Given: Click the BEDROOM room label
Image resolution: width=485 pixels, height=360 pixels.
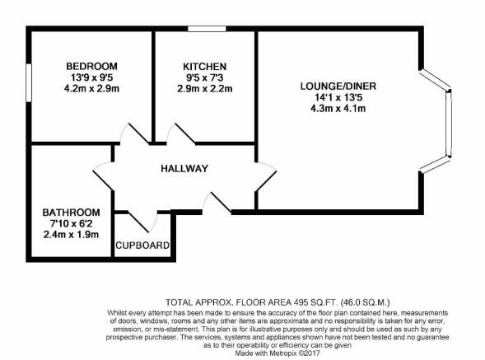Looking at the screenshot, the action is (x=92, y=66).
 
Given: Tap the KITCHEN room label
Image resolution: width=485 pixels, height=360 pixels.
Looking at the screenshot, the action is (x=205, y=67).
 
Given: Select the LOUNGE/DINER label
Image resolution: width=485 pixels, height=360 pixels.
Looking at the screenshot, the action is (x=338, y=86).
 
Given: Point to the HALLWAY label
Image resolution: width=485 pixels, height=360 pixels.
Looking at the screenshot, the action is (x=184, y=169).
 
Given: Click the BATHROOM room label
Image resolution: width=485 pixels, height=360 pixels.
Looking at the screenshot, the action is (x=71, y=213).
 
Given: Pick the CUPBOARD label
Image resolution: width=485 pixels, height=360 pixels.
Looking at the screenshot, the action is (x=142, y=245).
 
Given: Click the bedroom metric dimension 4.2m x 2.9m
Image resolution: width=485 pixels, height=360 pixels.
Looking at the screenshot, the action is (x=92, y=89).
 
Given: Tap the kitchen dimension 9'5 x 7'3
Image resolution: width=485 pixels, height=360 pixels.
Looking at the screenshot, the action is (x=205, y=77).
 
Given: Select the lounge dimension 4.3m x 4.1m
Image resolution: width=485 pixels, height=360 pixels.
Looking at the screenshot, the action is (x=338, y=109).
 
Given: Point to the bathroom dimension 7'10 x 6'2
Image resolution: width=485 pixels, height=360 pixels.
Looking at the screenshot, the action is (x=71, y=223).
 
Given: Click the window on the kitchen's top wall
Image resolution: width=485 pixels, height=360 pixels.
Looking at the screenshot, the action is (x=207, y=29).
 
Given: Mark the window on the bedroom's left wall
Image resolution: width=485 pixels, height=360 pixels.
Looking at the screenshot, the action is (x=29, y=82).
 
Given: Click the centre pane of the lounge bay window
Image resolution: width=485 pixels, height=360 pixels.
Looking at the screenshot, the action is (x=449, y=124).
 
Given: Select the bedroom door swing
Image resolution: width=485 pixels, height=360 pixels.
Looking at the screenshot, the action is (x=135, y=133).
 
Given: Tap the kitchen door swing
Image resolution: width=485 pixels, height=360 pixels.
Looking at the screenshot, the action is (x=181, y=133).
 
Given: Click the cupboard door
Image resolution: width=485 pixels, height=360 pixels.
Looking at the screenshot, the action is (x=143, y=222).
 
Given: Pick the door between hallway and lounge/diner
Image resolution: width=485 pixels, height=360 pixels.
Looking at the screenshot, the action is (x=266, y=176).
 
